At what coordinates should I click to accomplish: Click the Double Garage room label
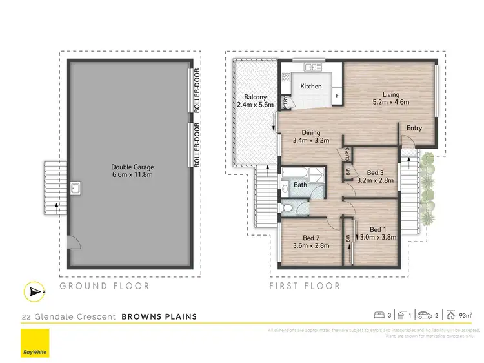click(132, 167)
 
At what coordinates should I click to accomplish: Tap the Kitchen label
click(311, 86)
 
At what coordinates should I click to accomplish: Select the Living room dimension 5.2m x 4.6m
click(391, 102)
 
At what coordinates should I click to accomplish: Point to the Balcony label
click(255, 96)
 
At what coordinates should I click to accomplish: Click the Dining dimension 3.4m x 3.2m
click(311, 140)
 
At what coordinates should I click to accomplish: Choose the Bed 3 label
click(375, 172)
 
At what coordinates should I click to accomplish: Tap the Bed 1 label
click(378, 229)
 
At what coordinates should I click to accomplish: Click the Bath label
click(301, 185)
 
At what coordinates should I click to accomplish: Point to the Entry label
click(414, 128)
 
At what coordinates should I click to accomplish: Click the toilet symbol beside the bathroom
click(287, 207)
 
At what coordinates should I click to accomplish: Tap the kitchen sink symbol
click(310, 67)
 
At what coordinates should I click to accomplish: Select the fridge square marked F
click(336, 97)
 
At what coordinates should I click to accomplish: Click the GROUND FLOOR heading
click(105, 285)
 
